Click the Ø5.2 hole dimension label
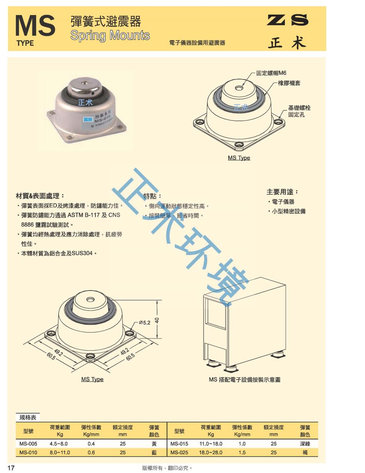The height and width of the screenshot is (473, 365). [x=144, y=323]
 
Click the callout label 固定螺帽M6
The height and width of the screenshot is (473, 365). [x=271, y=73]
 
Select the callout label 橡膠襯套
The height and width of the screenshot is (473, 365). [x=289, y=83]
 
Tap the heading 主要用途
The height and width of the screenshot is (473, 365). [x=282, y=192]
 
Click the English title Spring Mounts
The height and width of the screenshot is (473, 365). [x=110, y=35]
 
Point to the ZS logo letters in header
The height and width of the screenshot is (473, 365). [x=288, y=20]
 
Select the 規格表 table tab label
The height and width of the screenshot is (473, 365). [x=28, y=417]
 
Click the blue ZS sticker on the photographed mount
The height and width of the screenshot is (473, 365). [x=88, y=119]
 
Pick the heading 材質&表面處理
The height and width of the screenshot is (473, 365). [x=40, y=196]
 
